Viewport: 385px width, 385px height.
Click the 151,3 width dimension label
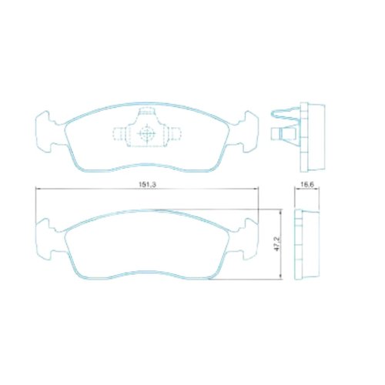point(148,185)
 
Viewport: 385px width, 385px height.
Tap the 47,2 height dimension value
point(277,244)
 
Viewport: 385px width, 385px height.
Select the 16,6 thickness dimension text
point(306,185)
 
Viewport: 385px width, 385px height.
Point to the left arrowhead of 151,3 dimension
point(37,189)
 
